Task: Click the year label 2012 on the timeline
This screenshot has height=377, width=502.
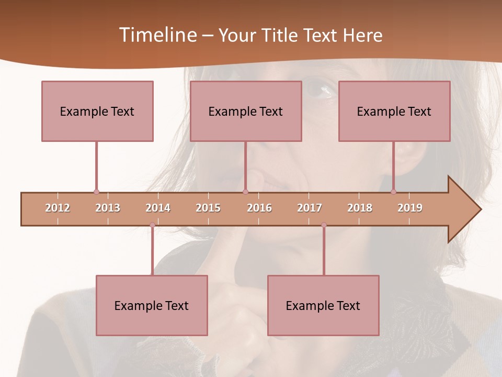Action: tap(58, 208)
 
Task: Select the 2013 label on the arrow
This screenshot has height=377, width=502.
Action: tap(108, 208)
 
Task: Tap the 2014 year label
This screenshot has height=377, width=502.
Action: tap(158, 208)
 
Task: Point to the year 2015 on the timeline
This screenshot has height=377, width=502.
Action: tap(208, 208)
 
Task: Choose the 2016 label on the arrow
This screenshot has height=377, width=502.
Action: tap(259, 208)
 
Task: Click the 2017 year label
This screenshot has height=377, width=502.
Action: tap(310, 208)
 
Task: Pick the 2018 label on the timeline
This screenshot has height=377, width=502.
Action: tap(360, 208)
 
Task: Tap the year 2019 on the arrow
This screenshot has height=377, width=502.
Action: tap(410, 208)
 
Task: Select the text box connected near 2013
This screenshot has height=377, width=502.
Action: tap(97, 111)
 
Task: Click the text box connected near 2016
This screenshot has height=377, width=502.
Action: tap(246, 111)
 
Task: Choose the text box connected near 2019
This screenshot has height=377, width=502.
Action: tap(394, 111)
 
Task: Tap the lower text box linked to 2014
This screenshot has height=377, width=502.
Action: tap(152, 305)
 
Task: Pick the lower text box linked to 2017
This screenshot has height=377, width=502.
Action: tap(323, 305)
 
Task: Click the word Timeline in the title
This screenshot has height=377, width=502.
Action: tap(157, 35)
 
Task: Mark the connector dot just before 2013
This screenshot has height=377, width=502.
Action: tap(96, 192)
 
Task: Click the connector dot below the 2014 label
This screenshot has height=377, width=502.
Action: tap(152, 225)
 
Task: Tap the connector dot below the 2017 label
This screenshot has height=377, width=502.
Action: tap(324, 225)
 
